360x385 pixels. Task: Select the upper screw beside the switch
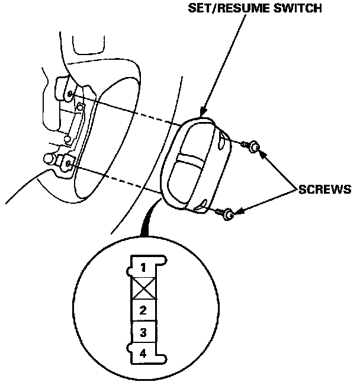[x=254, y=145]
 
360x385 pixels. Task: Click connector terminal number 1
[x=143, y=268]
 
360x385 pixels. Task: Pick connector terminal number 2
[x=143, y=310]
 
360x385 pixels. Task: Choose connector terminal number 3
[x=143, y=332]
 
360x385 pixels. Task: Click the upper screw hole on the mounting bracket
[x=70, y=94]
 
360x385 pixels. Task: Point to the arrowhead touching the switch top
[x=202, y=112]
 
